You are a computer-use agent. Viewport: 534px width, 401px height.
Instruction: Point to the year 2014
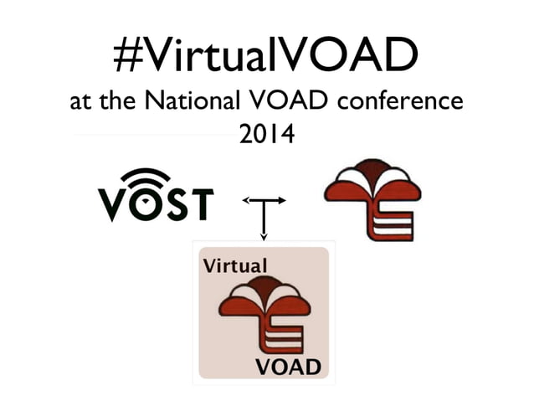[x=267, y=132]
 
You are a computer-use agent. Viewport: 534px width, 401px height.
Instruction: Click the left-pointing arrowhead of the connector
[x=245, y=201]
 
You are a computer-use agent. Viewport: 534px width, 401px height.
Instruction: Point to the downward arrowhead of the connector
[x=264, y=237]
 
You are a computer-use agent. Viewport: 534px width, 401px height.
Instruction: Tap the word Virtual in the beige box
[x=235, y=266]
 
